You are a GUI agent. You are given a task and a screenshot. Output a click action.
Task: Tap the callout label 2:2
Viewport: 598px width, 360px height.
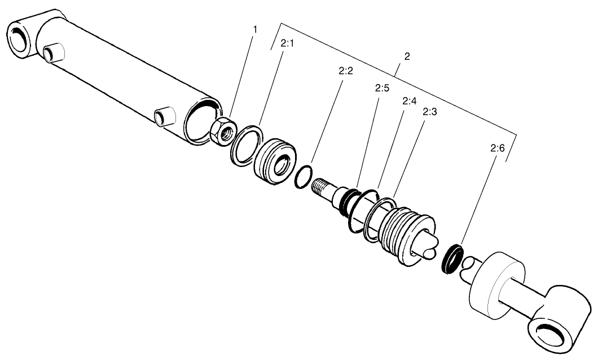(345, 72)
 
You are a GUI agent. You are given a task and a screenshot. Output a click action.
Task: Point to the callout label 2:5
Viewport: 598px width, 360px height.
(382, 89)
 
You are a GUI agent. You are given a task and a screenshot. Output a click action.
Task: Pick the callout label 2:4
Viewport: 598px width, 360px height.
(409, 101)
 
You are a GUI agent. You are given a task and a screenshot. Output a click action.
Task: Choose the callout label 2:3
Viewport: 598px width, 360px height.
(430, 112)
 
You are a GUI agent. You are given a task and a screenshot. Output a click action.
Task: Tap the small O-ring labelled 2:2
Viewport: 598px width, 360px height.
(303, 175)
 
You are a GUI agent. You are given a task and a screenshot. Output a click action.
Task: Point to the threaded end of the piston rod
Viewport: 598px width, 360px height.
(323, 187)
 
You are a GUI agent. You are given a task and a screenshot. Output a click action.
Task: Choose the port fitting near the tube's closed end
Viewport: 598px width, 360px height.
(54, 52)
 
